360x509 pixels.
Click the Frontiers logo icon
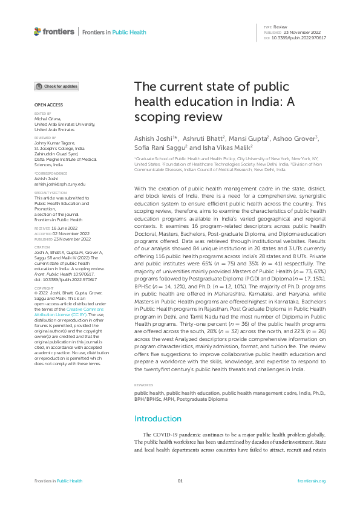click(38, 31)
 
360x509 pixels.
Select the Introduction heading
click(157, 418)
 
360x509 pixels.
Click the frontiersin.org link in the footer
click(312, 481)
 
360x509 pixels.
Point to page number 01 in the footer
click(180, 481)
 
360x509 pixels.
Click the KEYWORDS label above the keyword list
click(143, 385)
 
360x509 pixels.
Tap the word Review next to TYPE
click(280, 27)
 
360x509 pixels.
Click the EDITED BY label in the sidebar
click(42, 114)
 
